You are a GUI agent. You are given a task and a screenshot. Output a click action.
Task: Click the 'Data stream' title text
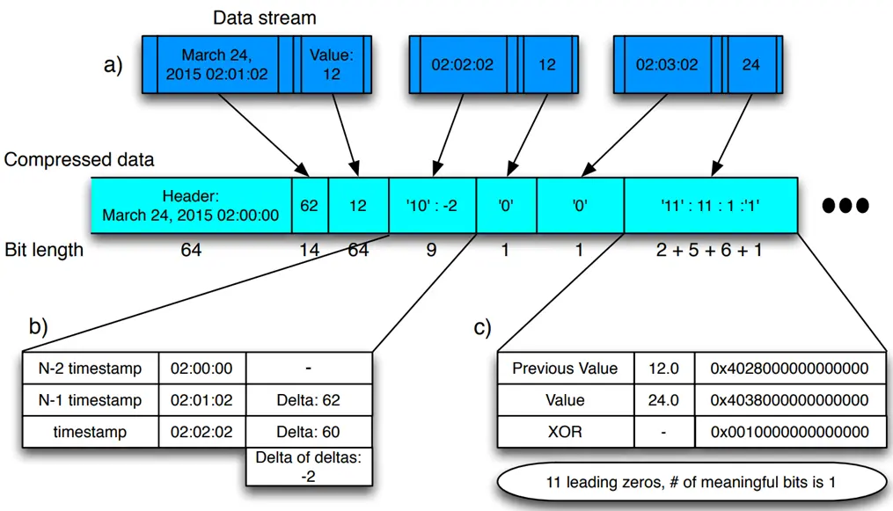(265, 18)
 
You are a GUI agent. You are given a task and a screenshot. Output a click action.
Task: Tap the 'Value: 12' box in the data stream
(330, 64)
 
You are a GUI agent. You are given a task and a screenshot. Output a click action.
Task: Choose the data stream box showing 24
(750, 64)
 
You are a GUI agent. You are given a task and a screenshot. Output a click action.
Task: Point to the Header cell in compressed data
(191, 205)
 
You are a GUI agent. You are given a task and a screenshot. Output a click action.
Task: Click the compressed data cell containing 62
(309, 205)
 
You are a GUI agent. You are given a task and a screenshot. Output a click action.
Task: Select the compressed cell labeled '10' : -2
(431, 205)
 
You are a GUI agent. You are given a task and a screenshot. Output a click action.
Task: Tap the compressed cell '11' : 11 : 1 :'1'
(710, 205)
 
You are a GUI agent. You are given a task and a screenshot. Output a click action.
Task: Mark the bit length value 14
(309, 250)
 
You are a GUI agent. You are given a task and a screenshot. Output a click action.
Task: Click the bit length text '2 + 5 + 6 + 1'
(710, 250)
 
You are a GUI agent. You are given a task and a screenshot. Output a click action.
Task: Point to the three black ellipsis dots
(845, 205)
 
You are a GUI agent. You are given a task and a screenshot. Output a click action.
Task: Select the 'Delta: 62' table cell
(307, 400)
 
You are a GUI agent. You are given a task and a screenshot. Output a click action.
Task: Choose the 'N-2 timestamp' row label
(91, 369)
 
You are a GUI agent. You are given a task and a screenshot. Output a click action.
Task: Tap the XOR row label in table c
(565, 432)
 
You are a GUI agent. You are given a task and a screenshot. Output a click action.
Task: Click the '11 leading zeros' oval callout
(692, 483)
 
